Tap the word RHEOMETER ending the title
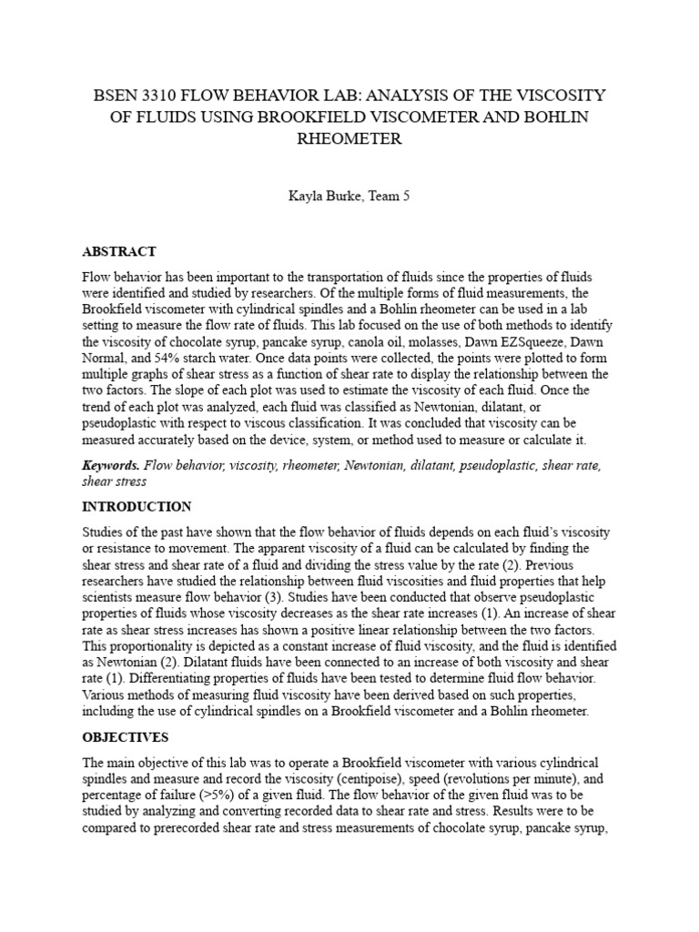(349, 139)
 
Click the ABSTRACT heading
(119, 251)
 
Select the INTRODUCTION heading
(137, 506)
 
